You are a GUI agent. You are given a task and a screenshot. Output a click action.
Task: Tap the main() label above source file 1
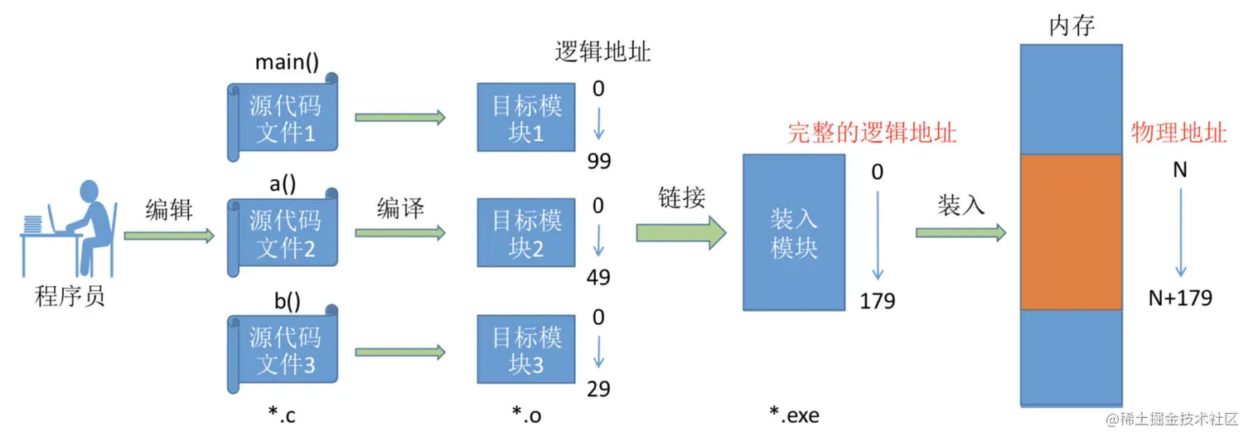click(x=287, y=63)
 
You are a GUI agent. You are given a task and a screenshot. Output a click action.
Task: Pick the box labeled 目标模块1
click(x=526, y=117)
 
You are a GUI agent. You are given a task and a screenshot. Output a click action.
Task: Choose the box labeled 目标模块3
click(x=526, y=350)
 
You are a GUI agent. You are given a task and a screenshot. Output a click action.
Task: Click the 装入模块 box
click(x=794, y=233)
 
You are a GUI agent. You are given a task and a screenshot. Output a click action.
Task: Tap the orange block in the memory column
click(x=1071, y=232)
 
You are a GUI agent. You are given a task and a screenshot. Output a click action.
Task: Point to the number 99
click(x=598, y=161)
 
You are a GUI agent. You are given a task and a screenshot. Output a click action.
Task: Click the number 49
click(x=598, y=277)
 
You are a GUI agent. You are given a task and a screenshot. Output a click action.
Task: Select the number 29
click(x=598, y=389)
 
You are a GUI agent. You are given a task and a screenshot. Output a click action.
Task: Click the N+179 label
click(x=1180, y=298)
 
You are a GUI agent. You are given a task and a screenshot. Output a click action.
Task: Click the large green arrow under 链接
click(x=680, y=233)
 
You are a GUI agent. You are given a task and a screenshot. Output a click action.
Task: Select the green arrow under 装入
click(x=960, y=233)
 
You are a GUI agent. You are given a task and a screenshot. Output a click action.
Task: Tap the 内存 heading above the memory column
click(x=1072, y=27)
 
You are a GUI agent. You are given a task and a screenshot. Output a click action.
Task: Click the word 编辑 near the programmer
click(x=169, y=209)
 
